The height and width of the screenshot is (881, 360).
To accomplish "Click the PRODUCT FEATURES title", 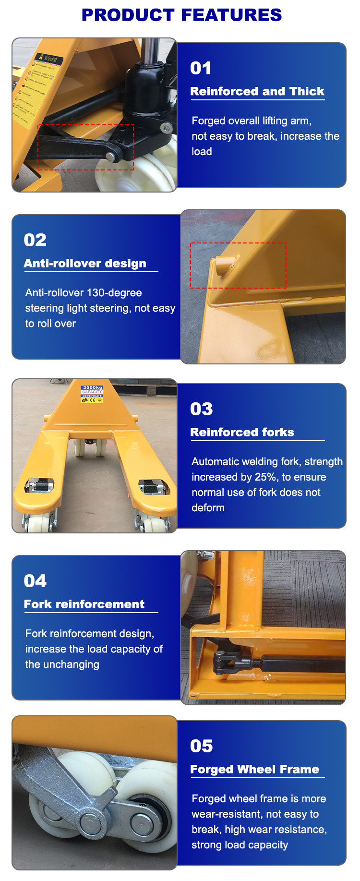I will (181, 15).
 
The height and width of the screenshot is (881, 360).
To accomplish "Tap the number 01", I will (201, 68).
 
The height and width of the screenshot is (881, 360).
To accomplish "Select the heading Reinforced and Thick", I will (257, 91).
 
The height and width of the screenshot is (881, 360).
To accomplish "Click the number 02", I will (35, 240).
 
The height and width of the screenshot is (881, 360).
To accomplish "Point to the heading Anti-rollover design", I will (85, 263).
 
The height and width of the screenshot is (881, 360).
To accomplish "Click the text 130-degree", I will (111, 293).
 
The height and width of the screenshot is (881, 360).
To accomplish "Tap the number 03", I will (201, 409).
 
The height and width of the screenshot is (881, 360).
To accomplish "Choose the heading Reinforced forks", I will (242, 432).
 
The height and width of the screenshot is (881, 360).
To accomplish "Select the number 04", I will (35, 581).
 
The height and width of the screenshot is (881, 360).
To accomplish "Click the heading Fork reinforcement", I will (84, 604).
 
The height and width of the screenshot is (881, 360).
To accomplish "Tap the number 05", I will (201, 746).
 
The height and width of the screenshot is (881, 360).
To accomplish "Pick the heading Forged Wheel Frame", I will (254, 769).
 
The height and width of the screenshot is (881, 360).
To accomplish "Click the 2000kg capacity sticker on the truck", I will (92, 393).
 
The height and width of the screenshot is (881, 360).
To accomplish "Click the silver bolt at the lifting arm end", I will (111, 157).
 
